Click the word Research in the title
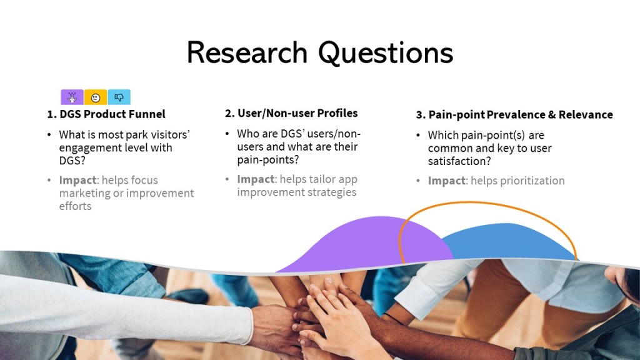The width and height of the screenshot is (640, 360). click(247, 52)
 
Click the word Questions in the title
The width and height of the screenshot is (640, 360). click(386, 54)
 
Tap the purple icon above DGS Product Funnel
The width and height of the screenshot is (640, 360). click(72, 97)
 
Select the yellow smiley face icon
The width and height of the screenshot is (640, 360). click(96, 97)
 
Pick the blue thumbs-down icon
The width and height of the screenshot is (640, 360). click(119, 97)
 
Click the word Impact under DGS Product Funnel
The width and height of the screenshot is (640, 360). click(77, 180)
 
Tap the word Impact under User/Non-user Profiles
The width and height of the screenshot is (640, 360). click(256, 179)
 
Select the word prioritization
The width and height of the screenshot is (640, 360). click(517, 181)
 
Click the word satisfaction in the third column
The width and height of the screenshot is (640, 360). click(459, 161)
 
